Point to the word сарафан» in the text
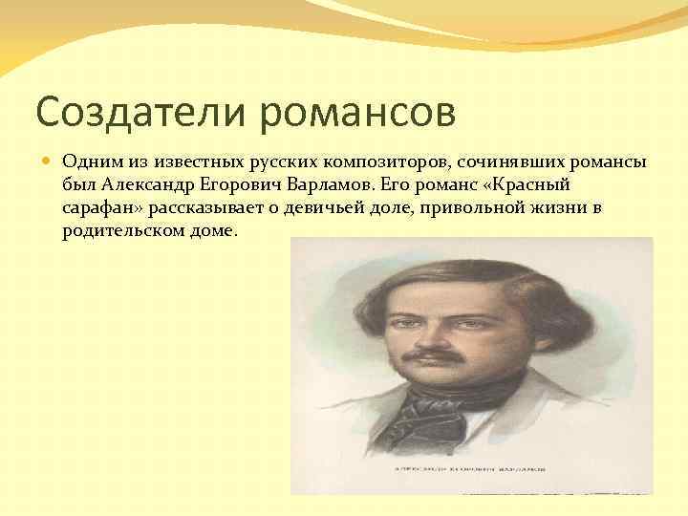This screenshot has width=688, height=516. tap(98, 208)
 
